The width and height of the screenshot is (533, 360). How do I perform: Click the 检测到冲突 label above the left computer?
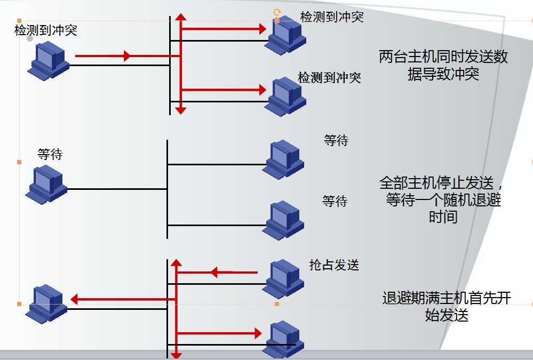tap(46, 30)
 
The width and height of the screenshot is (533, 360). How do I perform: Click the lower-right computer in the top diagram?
tap(285, 97)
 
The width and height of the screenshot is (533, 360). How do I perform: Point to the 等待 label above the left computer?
tap(50, 155)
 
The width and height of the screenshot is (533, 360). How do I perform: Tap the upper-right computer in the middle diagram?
tap(283, 159)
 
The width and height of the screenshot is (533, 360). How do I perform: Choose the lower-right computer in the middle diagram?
tap(283, 219)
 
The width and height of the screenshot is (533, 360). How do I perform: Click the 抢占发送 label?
tap(334, 265)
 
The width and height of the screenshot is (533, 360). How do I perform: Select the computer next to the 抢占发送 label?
tap(283, 278)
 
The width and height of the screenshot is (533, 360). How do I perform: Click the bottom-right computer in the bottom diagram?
tap(283, 339)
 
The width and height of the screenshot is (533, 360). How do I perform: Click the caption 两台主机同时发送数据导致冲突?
tap(443, 65)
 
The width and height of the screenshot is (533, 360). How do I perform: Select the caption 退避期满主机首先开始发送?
tap(447, 306)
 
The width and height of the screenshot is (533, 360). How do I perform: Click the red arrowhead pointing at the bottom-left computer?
tap(74, 300)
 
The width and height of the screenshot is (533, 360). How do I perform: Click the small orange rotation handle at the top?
tap(276, 12)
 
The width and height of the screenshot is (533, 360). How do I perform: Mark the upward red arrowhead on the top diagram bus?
tap(181, 17)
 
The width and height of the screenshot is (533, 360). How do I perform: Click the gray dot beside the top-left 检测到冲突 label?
tap(30, 38)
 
